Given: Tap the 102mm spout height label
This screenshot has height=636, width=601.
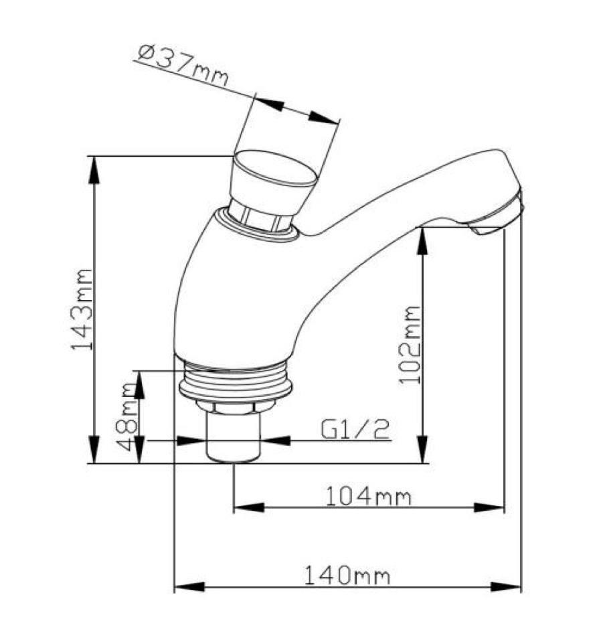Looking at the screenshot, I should tap(410, 344).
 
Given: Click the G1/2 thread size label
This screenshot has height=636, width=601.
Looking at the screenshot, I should tap(355, 429).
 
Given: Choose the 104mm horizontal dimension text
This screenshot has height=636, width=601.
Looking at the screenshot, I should tap(368, 496).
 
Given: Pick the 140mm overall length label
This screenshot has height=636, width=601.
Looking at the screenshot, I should tap(347, 574).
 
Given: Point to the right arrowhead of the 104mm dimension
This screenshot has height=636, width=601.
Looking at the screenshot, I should tap(493, 508).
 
